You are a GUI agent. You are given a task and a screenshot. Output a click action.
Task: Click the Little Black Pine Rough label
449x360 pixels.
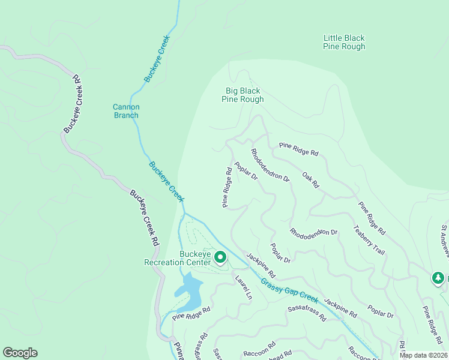tap(344, 42)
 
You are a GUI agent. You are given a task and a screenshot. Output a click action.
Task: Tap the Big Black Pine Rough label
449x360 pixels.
tap(243, 95)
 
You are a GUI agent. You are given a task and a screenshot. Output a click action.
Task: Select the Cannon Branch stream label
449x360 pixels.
tap(126, 111)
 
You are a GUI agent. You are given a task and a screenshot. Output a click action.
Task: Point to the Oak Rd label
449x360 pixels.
tap(310, 179)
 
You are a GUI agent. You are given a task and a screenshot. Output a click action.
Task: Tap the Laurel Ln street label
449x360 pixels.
tap(243, 287)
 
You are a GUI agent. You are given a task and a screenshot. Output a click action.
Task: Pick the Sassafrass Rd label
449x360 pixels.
tap(306, 313)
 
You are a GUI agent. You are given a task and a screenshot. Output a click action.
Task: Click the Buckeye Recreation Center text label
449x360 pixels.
tap(178, 257)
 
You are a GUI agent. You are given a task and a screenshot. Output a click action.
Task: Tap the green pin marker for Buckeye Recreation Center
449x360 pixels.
tap(220, 258)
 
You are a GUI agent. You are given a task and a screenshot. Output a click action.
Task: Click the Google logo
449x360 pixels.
tap(20, 353)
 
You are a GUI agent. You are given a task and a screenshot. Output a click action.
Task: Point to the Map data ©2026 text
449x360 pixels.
tap(424, 355)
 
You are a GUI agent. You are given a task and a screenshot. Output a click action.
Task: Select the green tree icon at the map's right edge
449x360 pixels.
tap(439, 278)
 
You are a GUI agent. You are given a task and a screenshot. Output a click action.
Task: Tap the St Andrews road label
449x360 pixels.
tap(444, 240)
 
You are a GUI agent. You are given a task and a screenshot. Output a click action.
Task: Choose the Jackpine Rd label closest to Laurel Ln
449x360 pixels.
tap(260, 265)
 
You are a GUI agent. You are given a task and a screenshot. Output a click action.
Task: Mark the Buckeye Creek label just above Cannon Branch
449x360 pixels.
tap(157, 58)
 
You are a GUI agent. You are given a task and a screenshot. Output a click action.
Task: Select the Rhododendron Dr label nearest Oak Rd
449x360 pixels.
tap(270, 166)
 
